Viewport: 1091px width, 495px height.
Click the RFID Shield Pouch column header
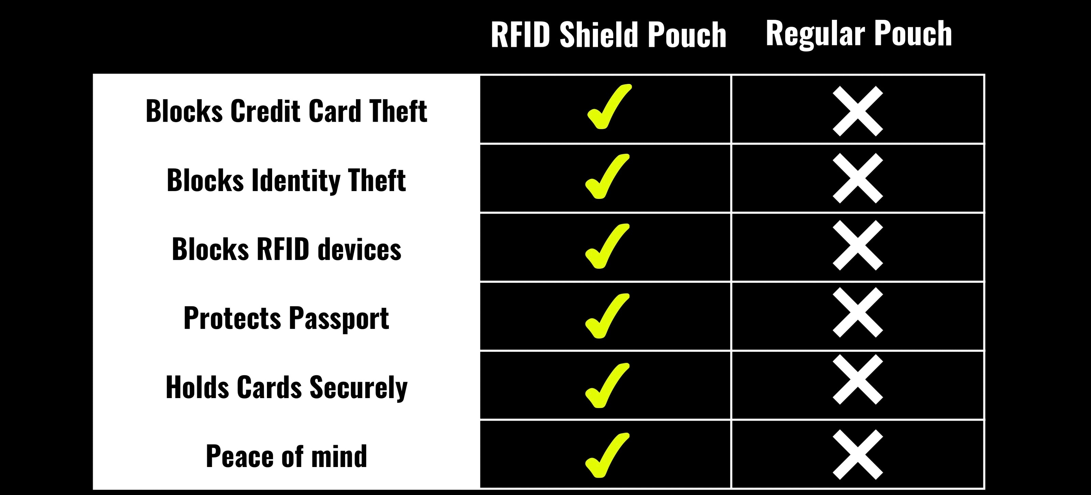tap(609, 35)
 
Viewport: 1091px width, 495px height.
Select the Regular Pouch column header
tap(859, 33)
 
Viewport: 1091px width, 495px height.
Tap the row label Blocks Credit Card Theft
tap(286, 111)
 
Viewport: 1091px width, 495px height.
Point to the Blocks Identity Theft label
tap(286, 180)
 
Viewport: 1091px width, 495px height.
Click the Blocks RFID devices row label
tap(286, 249)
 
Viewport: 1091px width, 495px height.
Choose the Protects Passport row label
tap(286, 318)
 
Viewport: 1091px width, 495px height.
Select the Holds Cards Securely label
tap(286, 387)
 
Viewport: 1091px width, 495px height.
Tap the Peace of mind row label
tap(286, 456)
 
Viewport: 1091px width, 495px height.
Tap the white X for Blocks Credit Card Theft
tap(858, 112)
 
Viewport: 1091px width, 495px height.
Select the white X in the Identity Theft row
tap(858, 178)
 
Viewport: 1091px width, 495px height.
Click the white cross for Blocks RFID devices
tap(858, 245)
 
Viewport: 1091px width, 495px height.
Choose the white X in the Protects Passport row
tap(858, 312)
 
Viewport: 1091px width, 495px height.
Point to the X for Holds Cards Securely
tap(858, 379)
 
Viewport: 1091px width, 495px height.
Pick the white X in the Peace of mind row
tap(858, 455)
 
